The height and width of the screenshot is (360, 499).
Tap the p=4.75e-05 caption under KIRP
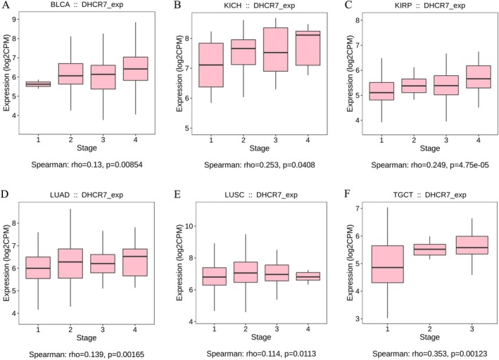pos(457,167)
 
